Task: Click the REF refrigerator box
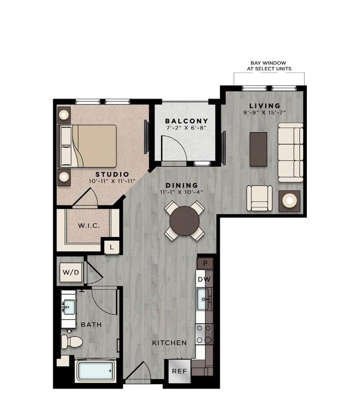tap(179, 371)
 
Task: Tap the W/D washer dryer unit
tap(71, 272)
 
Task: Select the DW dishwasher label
tap(204, 280)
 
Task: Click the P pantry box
tap(205, 263)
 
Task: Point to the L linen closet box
tap(112, 247)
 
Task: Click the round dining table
tap(184, 221)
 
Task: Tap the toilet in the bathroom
tap(71, 342)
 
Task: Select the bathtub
tap(96, 371)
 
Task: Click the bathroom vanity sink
tap(69, 307)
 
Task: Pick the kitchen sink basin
tap(203, 299)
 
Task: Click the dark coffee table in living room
tap(258, 149)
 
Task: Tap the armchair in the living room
tap(259, 198)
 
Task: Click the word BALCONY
tap(187, 121)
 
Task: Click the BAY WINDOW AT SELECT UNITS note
tap(269, 66)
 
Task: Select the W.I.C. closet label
tap(89, 225)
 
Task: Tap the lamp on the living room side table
tap(289, 200)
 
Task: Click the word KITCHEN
tap(169, 343)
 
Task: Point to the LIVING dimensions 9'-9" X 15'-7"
tap(265, 113)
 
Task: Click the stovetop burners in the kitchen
tap(204, 334)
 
